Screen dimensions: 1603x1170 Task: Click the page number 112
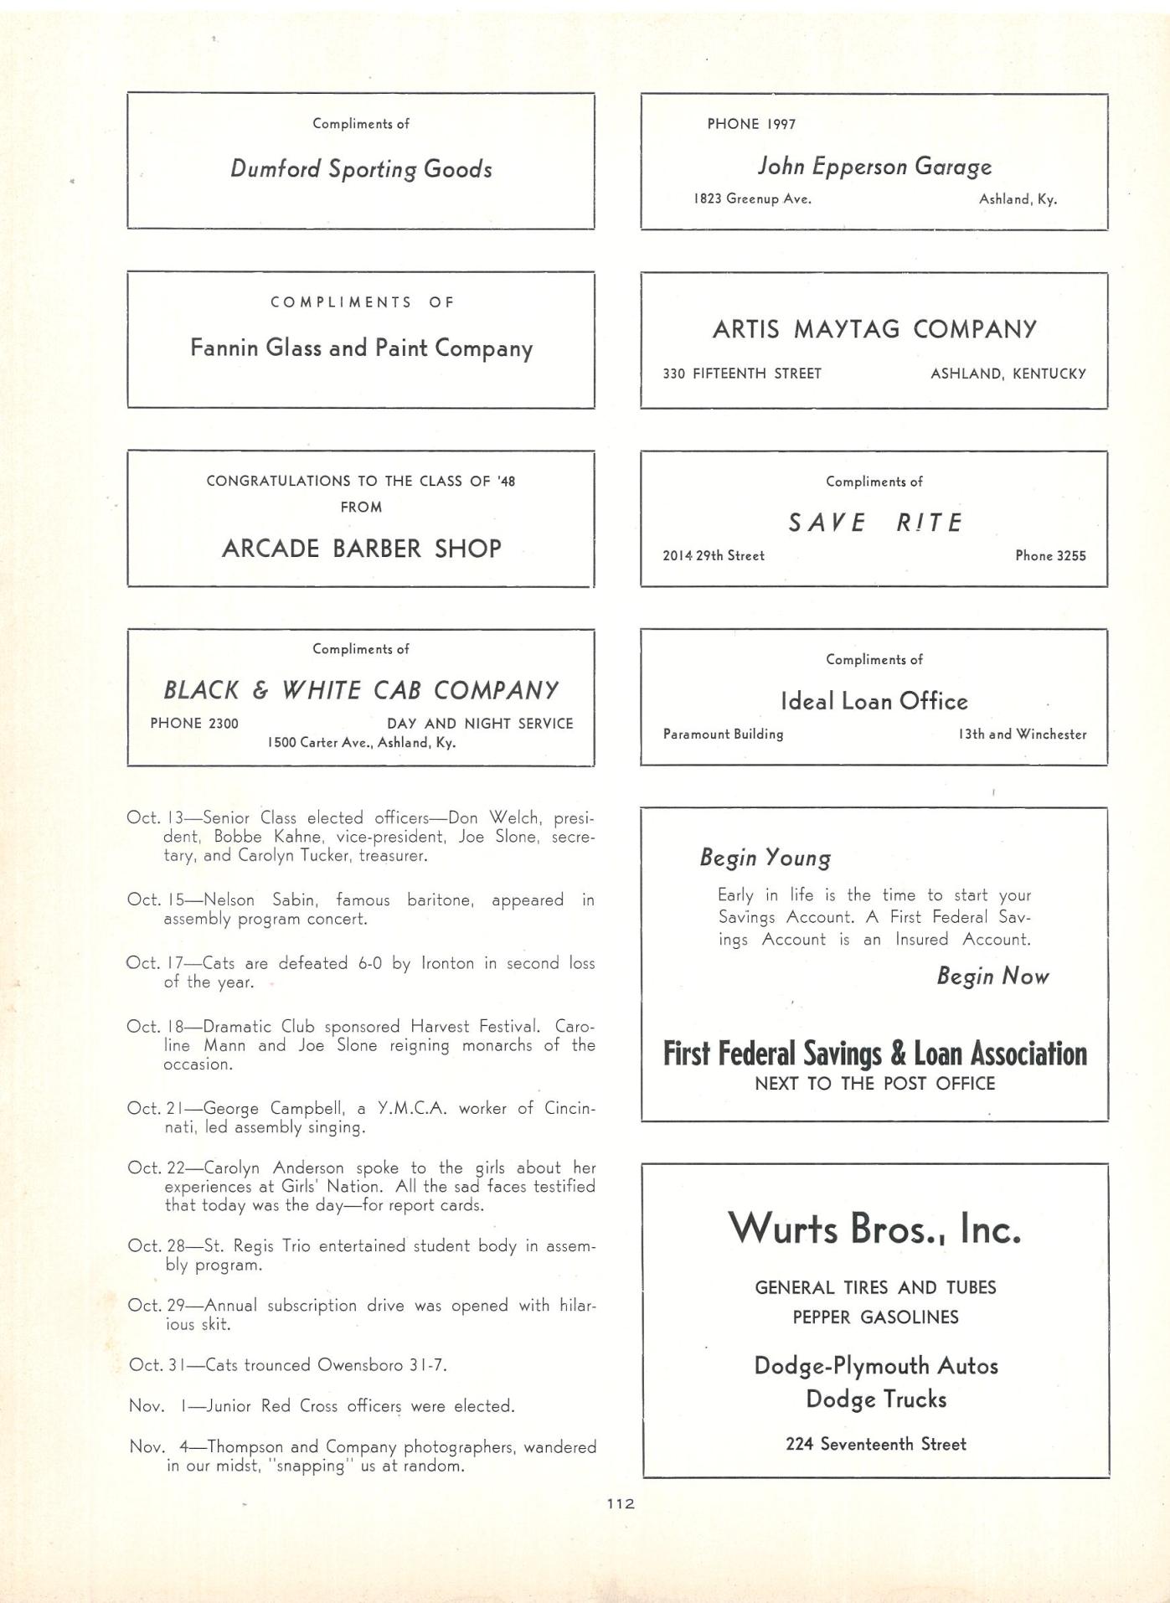pos(621,1503)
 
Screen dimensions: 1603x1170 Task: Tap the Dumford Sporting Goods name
pos(361,169)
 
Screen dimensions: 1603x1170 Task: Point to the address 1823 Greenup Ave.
pos(752,199)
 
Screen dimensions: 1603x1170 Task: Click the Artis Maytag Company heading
pos(874,329)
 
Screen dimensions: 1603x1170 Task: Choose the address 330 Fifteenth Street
pos(742,374)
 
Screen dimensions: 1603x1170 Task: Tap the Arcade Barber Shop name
pos(361,549)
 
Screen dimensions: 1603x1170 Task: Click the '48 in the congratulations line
pos(506,481)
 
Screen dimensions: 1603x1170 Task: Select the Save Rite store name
pos(874,523)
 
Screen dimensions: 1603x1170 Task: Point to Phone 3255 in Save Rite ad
pos(1050,555)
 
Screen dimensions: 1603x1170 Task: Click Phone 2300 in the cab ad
pos(194,724)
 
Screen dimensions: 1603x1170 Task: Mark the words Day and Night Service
pos(480,724)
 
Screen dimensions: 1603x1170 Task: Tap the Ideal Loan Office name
pos(874,701)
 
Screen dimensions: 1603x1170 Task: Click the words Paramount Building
pos(724,734)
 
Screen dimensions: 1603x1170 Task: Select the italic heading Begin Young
pos(765,858)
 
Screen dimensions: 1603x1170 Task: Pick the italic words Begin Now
pos(992,977)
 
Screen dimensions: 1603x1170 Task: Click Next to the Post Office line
pos(874,1084)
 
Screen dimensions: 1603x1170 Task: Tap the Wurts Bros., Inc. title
pos(874,1229)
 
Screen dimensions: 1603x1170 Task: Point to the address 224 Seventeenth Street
pos(875,1444)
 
